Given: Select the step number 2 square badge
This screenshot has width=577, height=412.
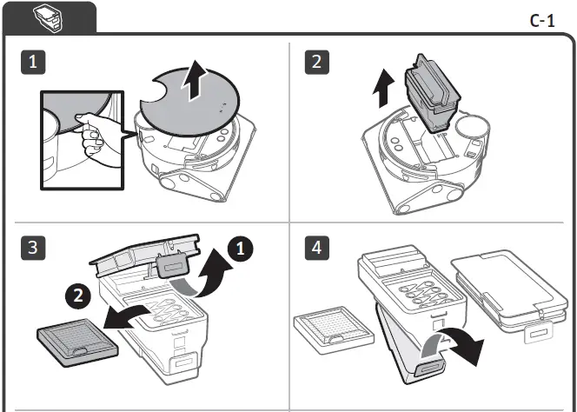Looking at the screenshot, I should pyautogui.click(x=319, y=62).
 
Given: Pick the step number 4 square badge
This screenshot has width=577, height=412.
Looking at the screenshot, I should pyautogui.click(x=319, y=248).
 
